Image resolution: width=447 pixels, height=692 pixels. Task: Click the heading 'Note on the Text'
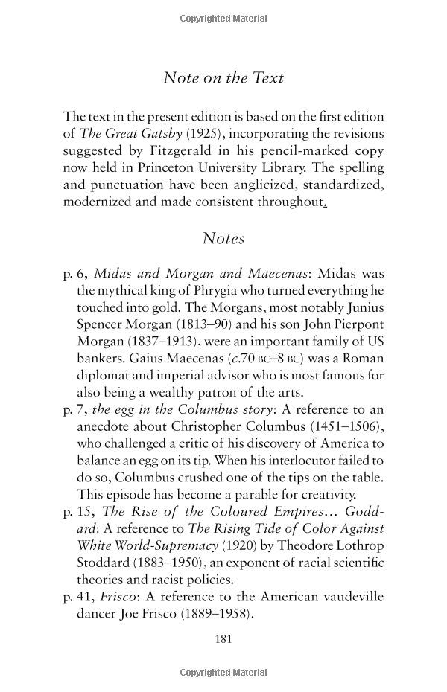(223, 77)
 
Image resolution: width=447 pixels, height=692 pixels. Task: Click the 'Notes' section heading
(223, 239)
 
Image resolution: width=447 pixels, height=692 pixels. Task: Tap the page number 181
(223, 638)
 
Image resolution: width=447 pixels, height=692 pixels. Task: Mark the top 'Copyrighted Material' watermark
(223, 16)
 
